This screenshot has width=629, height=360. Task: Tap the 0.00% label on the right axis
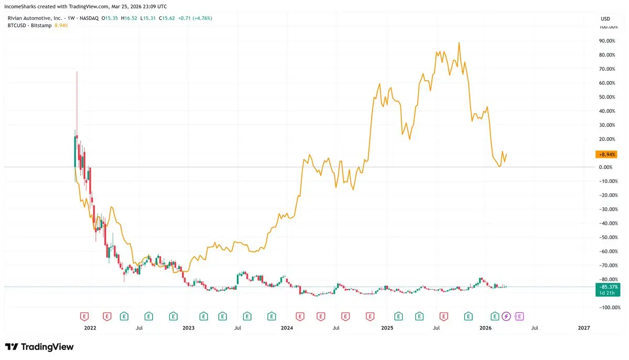[x=606, y=167]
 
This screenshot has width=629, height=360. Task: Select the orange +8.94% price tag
[x=605, y=155]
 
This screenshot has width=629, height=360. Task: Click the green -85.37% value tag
[x=607, y=287]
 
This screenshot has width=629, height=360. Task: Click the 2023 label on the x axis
[x=188, y=328]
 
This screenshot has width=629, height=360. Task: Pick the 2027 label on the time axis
[x=584, y=328]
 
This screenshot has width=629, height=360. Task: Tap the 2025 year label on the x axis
[x=387, y=328]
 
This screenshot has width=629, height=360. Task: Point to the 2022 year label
[x=90, y=328]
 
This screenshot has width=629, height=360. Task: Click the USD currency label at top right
[x=605, y=19]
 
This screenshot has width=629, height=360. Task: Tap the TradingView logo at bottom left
[x=39, y=347]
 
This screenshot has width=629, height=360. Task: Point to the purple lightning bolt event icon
[x=506, y=316]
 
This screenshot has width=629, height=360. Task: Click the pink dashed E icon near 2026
[x=520, y=316]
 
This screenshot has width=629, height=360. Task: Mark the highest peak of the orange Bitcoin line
[x=459, y=43]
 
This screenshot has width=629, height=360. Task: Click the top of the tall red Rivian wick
[x=77, y=71]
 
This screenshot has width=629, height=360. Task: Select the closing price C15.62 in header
[x=167, y=18]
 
